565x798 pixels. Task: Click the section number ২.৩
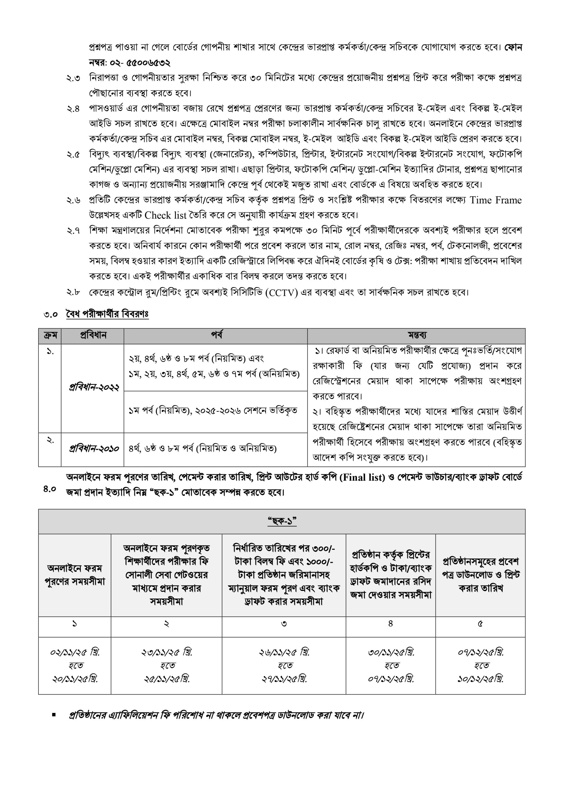click(x=73, y=78)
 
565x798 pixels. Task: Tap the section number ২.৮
click(x=73, y=292)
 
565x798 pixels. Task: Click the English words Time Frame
click(x=495, y=200)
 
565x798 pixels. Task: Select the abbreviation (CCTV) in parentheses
click(x=281, y=293)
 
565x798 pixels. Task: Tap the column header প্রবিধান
click(x=93, y=335)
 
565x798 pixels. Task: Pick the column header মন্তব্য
click(x=416, y=335)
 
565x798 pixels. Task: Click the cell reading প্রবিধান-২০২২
click(x=94, y=387)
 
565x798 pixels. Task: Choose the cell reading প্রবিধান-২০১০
click(x=94, y=448)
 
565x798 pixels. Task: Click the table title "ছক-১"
click(x=282, y=521)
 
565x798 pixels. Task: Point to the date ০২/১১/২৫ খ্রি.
click(x=75, y=652)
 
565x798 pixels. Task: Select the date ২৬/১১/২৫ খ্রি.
click(x=284, y=652)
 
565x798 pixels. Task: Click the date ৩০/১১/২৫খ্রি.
click(x=391, y=652)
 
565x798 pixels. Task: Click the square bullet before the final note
click(x=54, y=715)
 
